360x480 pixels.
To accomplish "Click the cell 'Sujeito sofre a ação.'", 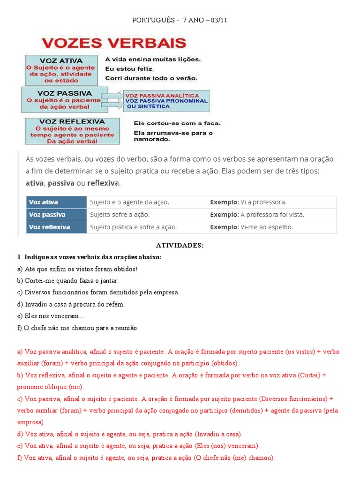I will coord(120,215).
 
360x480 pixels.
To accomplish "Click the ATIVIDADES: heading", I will coord(180,246).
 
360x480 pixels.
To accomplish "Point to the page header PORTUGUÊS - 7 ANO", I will coord(180,20).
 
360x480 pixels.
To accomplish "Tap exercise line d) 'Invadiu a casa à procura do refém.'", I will coord(71,304).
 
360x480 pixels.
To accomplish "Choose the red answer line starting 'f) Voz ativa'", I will coord(145,457).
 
